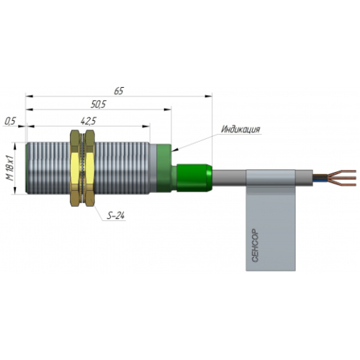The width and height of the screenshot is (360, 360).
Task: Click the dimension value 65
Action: [x=119, y=91]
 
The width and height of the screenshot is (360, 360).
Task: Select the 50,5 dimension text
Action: [x=98, y=104]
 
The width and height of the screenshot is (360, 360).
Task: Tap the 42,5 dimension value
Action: [x=89, y=121]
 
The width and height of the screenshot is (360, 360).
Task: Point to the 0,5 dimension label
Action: [x=10, y=122]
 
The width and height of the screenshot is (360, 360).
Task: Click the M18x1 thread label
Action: [x=10, y=168]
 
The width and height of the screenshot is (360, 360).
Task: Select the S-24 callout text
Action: [x=116, y=216]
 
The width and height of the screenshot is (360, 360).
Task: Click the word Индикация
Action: [x=240, y=130]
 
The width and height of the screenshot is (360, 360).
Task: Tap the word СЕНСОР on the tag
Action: [x=255, y=246]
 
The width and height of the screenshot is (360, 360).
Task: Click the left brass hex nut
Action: [x=75, y=168]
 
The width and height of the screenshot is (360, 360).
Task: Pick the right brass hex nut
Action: [x=90, y=168]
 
